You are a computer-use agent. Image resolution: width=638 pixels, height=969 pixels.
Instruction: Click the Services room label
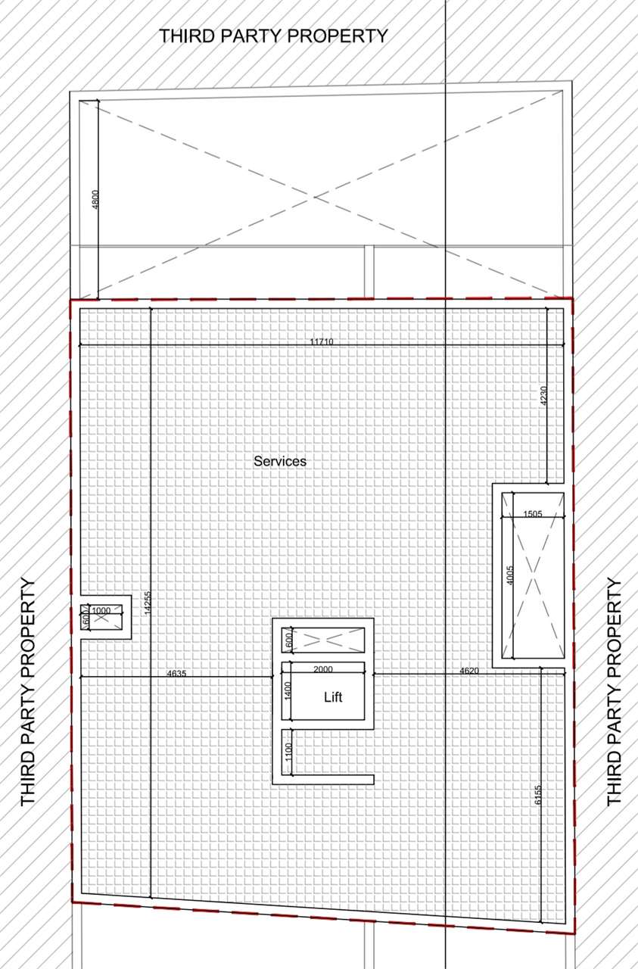280,460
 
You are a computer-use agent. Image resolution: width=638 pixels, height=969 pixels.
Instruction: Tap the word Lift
333,696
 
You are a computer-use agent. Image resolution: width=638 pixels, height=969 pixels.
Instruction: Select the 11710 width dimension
322,341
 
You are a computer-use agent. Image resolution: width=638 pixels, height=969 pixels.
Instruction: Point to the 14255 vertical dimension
147,603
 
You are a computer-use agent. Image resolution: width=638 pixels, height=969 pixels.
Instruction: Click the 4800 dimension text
95,200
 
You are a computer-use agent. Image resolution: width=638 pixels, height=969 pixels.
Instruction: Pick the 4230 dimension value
543,397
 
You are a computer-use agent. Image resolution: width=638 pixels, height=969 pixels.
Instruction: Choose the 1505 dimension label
533,514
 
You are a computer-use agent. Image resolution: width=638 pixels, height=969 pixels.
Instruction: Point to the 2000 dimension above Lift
322,669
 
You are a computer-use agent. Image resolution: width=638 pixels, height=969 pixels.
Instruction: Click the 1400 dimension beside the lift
288,690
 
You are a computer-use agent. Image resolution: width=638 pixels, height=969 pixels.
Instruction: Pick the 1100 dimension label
288,752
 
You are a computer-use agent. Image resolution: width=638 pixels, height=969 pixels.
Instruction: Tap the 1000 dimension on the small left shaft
101,610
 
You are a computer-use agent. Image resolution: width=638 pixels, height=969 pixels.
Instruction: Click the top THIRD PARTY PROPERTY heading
273,36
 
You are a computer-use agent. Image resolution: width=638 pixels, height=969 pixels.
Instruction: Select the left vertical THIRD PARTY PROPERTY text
28,692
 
